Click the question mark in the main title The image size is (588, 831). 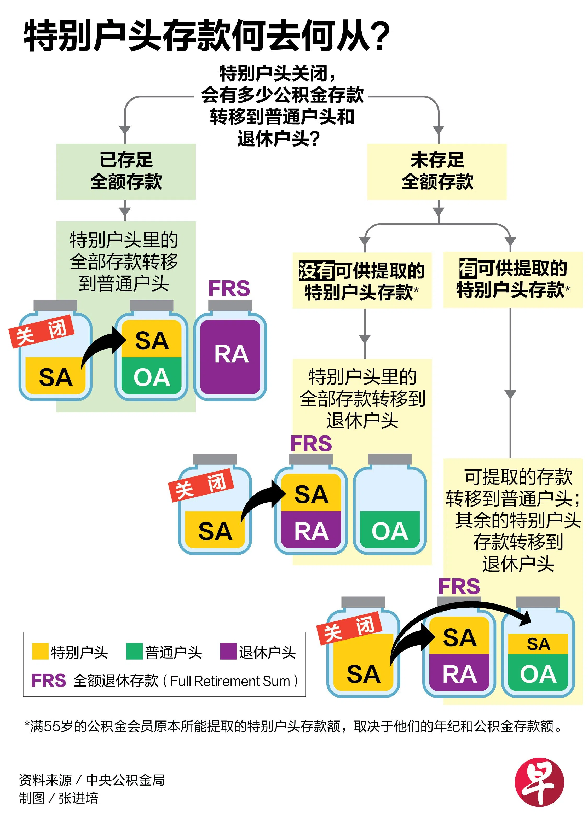[x=377, y=36]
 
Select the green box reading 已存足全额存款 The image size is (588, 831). [x=126, y=172]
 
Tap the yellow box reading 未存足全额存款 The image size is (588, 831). [x=437, y=172]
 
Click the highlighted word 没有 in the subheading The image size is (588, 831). [x=316, y=270]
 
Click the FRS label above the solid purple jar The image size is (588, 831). [x=229, y=288]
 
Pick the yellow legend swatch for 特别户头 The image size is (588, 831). [x=40, y=652]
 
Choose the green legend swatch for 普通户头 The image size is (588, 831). [x=134, y=652]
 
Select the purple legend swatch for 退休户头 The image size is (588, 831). [x=228, y=652]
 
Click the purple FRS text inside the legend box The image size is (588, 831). [x=49, y=681]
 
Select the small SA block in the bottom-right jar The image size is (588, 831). [x=538, y=644]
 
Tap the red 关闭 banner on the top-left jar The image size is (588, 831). [x=42, y=332]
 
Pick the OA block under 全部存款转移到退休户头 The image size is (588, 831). [x=390, y=531]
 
